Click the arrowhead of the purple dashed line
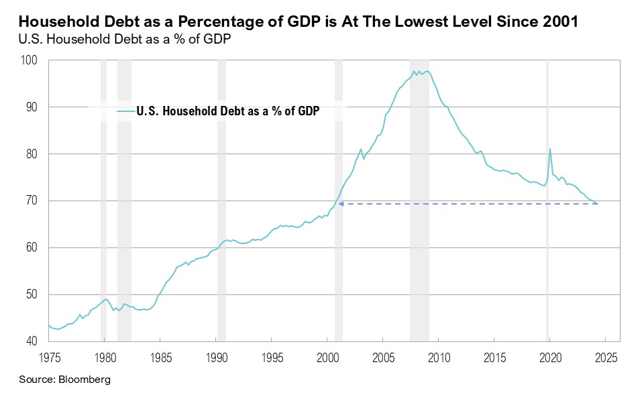(x=340, y=203)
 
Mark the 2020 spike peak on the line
(x=550, y=149)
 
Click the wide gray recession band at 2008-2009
(x=419, y=201)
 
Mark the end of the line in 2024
(x=598, y=204)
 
